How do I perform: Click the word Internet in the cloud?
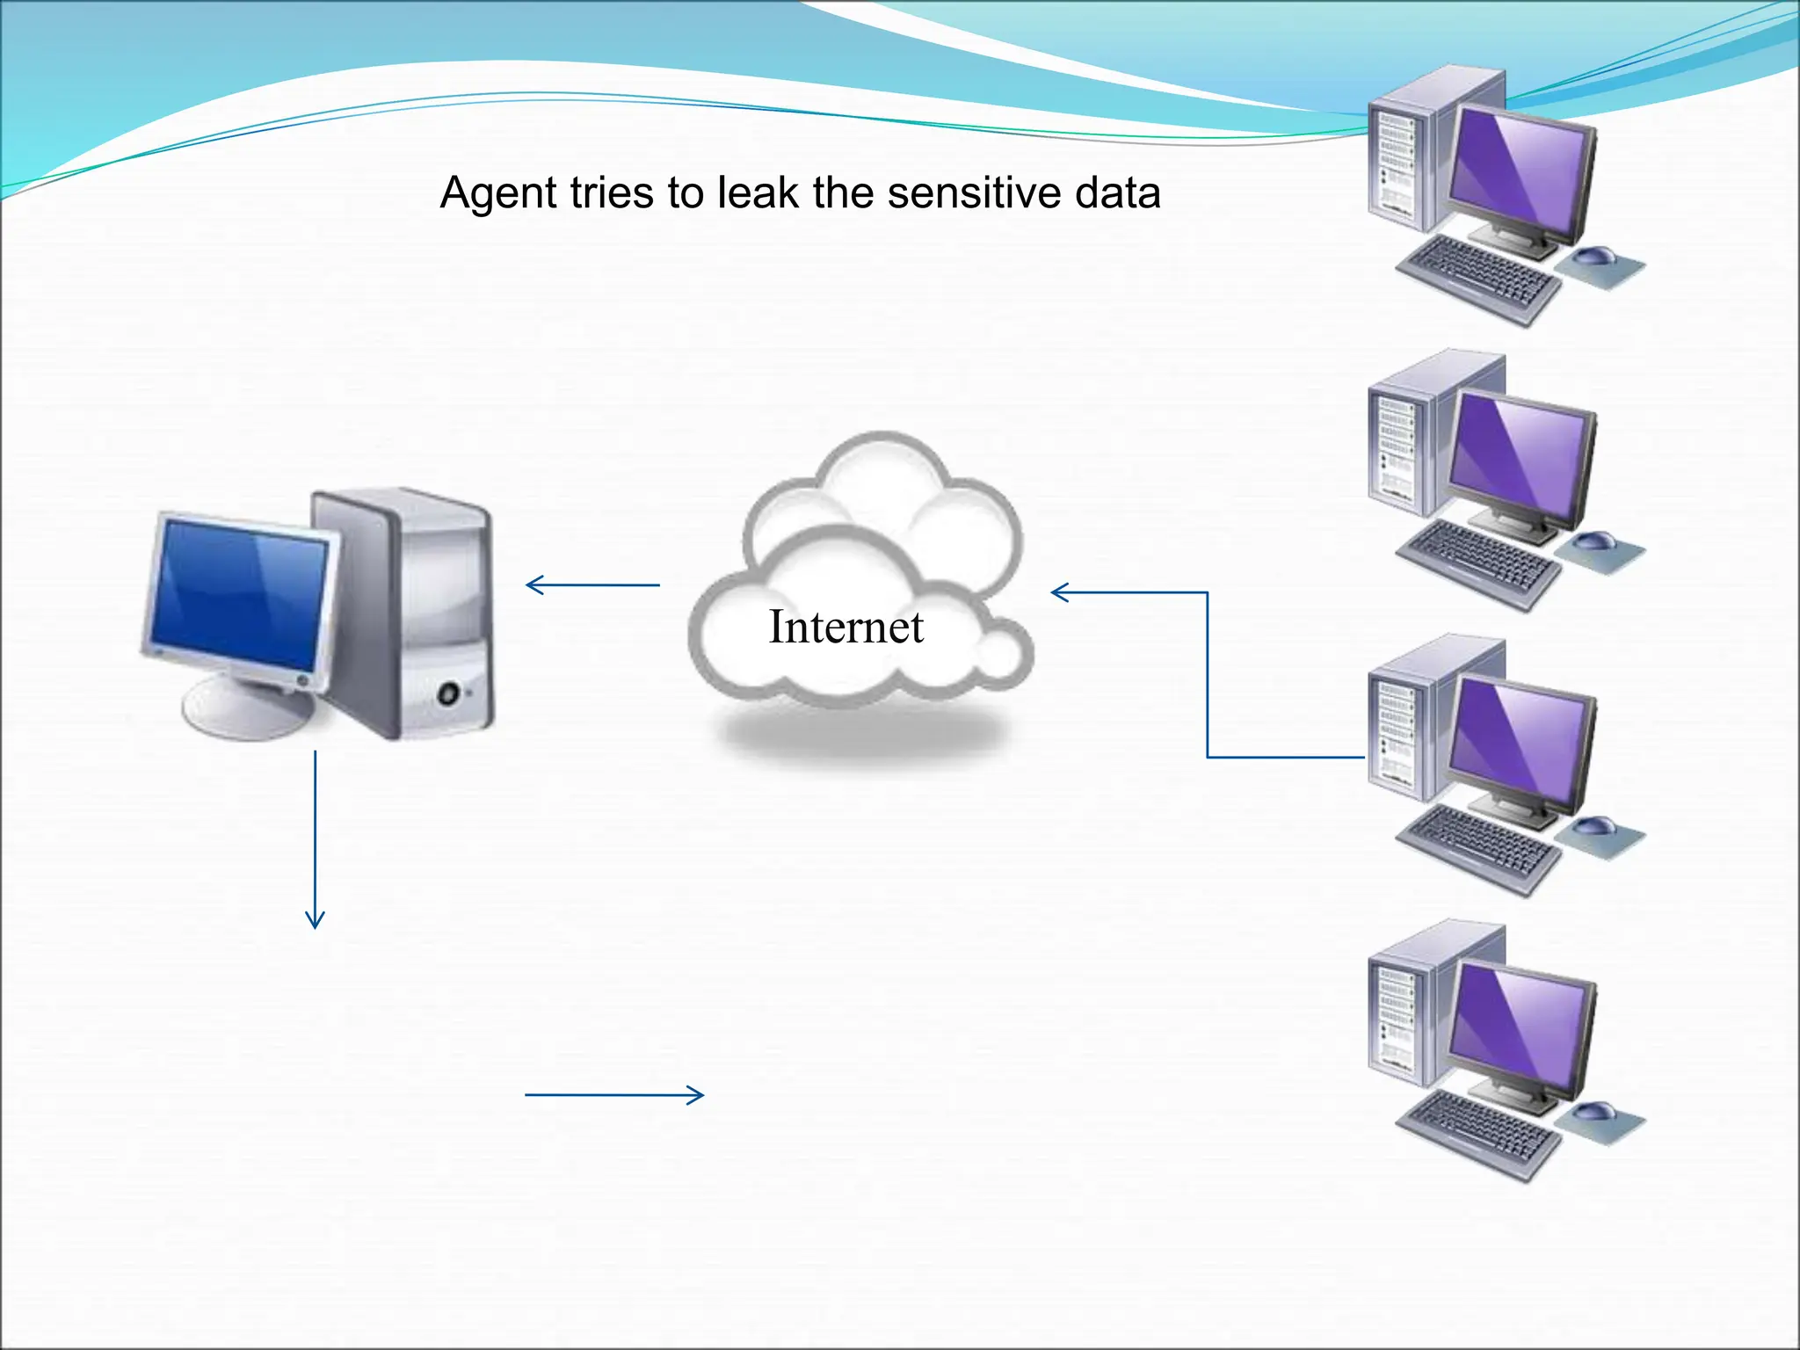point(846,627)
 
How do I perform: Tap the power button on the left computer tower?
point(449,693)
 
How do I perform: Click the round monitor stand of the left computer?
point(246,708)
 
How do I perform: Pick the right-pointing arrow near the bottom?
point(614,1094)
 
